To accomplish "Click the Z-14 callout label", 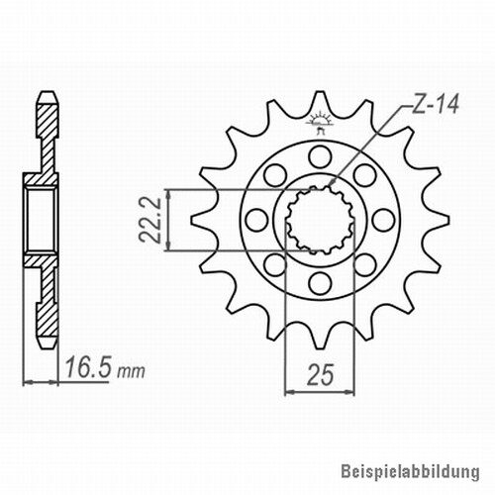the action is coord(436,104).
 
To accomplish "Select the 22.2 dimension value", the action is coord(150,220).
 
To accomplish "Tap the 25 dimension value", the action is coord(320,375).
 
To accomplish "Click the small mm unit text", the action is coord(131,371).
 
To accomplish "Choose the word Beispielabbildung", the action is coord(410,471).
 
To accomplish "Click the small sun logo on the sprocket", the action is coord(318,122).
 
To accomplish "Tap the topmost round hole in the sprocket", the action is coord(320,157).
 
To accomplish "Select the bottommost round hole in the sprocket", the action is coord(320,283).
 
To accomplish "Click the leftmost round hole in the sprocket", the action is coord(256,220).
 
